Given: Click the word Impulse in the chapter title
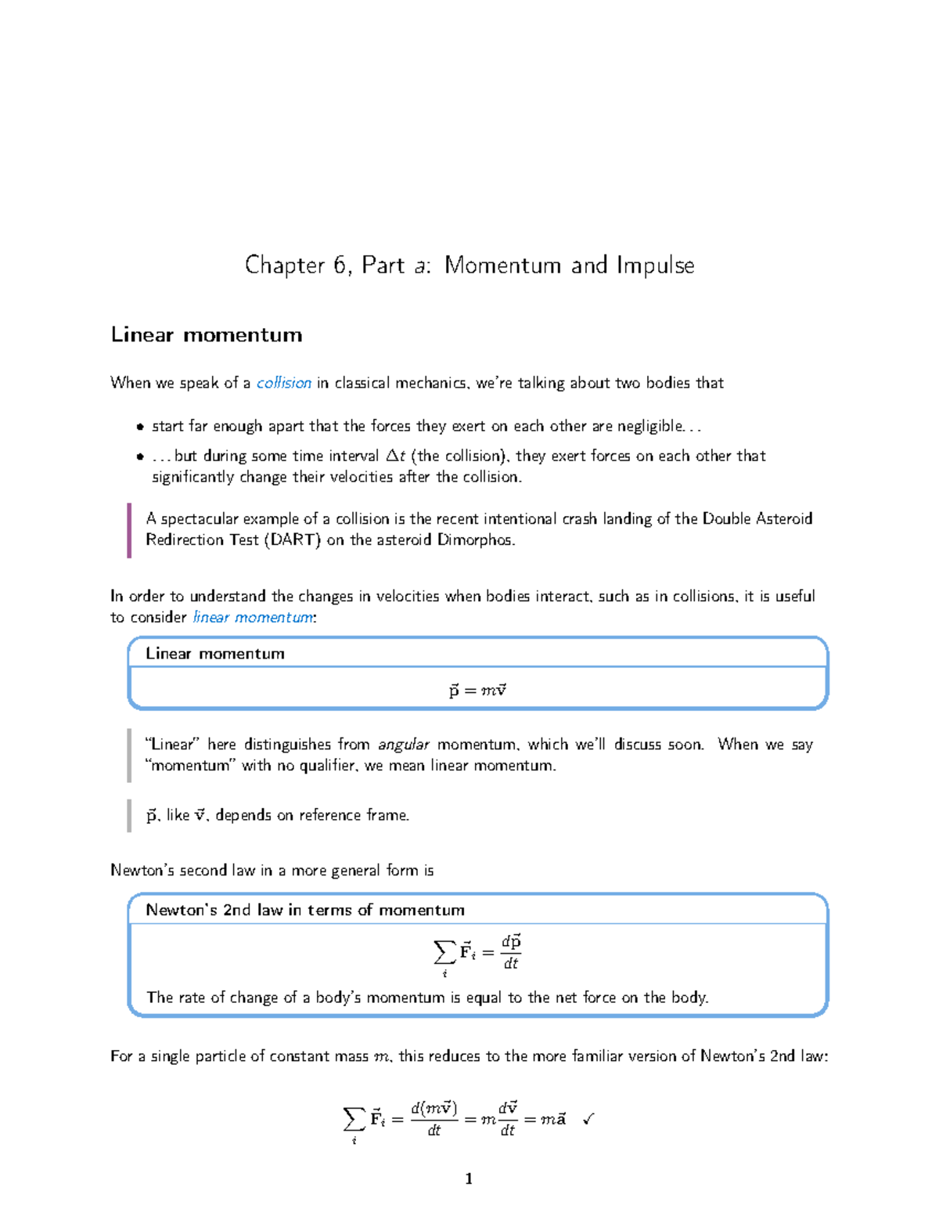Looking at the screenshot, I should click(655, 266).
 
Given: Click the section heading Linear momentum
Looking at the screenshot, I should click(207, 335).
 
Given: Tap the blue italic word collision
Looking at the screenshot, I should click(284, 383).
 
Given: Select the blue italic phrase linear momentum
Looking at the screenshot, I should click(253, 617).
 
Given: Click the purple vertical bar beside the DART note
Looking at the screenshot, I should click(129, 530).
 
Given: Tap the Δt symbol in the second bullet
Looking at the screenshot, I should click(396, 456).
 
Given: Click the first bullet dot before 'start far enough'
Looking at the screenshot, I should click(140, 427).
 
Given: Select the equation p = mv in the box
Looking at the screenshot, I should click(477, 691).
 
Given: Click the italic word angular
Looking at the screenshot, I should click(404, 745).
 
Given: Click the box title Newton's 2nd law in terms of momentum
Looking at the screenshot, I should click(305, 910).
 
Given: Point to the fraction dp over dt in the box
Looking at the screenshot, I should click(511, 952).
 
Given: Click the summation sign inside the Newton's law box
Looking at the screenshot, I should click(444, 953).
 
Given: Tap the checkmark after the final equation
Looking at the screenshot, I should click(588, 1119).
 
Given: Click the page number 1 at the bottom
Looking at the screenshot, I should click(469, 1178).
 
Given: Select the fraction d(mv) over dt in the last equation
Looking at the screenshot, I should click(434, 1119).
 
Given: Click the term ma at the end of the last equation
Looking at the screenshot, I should click(553, 1119).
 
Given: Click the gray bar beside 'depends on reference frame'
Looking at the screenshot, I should click(129, 815).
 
